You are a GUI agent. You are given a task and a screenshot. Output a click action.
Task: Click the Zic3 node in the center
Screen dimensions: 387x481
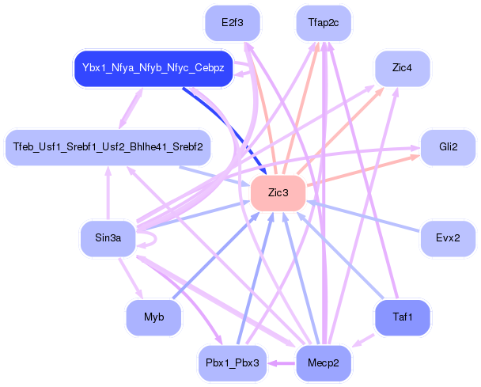pyautogui.click(x=278, y=193)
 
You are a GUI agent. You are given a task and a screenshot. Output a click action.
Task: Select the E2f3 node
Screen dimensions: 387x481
pyautogui.click(x=232, y=23)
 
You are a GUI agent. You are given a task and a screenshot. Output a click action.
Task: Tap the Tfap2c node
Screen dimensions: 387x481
pyautogui.click(x=323, y=23)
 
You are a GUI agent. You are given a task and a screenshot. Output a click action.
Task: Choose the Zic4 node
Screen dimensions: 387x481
pyautogui.click(x=402, y=68)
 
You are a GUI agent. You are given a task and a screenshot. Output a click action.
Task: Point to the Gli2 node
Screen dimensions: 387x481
pyautogui.click(x=448, y=148)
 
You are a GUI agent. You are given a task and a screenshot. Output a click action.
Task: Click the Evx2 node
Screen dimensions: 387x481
pyautogui.click(x=448, y=237)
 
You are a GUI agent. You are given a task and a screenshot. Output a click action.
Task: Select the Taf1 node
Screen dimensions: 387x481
pyautogui.click(x=402, y=317)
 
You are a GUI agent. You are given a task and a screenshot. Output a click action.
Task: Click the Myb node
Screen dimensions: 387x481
pyautogui.click(x=153, y=317)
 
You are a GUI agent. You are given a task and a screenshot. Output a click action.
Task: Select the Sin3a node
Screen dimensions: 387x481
pyautogui.click(x=108, y=237)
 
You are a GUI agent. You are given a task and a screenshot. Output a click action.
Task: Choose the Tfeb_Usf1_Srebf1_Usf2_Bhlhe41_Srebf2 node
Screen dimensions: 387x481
pyautogui.click(x=108, y=147)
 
